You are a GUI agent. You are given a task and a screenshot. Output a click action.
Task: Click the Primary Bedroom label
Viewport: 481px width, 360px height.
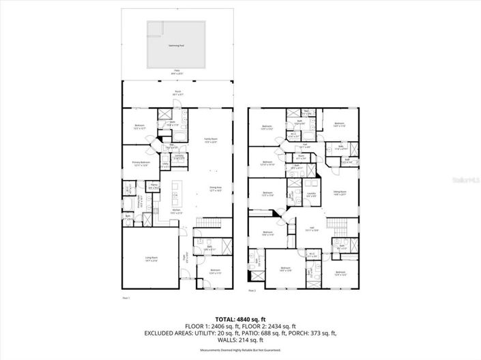point(141,163)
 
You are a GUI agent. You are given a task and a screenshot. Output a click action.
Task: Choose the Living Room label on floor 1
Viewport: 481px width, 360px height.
point(151,258)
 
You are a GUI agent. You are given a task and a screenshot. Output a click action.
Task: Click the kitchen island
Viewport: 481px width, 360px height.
point(177,195)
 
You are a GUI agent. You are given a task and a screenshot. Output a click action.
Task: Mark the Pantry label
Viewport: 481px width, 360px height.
point(154,185)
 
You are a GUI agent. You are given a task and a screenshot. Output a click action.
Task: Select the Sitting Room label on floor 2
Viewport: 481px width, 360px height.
point(340,193)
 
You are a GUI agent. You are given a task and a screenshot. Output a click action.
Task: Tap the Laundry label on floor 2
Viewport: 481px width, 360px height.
point(310,194)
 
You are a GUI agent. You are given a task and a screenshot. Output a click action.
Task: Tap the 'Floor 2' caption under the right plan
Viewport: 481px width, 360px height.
point(252,291)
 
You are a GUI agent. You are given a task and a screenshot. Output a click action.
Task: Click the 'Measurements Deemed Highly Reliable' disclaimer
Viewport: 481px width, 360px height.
point(240,350)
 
